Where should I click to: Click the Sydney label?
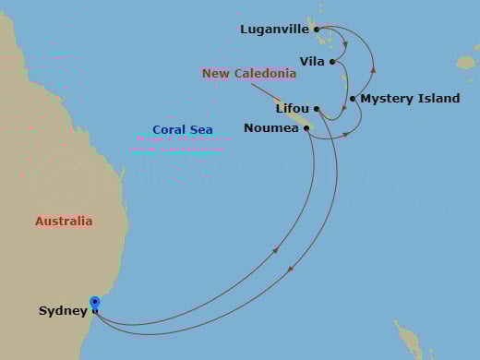(x=63, y=311)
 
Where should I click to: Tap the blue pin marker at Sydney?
(x=94, y=303)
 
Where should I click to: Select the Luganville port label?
(x=274, y=29)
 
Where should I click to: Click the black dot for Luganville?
(x=317, y=30)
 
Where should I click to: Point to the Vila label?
(x=312, y=62)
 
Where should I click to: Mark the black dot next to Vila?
(x=331, y=62)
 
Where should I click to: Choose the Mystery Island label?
(x=399, y=99)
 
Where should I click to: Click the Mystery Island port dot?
(x=353, y=99)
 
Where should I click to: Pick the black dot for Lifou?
(x=316, y=109)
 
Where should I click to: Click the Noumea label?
(x=270, y=128)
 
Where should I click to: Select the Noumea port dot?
(x=306, y=128)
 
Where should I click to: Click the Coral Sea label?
(x=183, y=130)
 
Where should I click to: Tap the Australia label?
(x=64, y=222)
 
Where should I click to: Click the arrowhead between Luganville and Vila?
(x=345, y=43)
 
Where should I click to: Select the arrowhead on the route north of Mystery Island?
(x=373, y=68)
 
